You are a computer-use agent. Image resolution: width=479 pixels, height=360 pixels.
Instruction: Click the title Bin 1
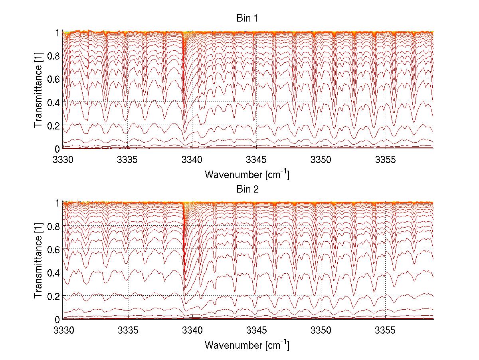[x=247, y=18]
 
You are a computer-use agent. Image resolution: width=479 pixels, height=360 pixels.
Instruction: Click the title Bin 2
[x=247, y=189]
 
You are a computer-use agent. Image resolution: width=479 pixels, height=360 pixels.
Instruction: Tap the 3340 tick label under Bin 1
[x=192, y=160]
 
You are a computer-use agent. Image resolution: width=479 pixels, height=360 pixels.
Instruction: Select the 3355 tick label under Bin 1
[x=386, y=160]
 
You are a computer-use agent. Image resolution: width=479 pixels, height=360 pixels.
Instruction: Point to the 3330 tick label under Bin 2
[x=63, y=331]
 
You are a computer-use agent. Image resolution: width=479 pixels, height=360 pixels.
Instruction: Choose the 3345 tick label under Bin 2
[x=257, y=331]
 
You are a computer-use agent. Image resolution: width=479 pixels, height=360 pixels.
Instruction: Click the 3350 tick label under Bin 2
[x=321, y=331]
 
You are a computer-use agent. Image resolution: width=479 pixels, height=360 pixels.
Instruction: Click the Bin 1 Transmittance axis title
[x=38, y=90]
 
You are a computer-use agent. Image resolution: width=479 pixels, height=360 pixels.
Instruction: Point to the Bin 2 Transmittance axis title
[x=38, y=261]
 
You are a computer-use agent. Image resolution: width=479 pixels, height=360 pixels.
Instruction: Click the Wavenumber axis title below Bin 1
[x=247, y=174]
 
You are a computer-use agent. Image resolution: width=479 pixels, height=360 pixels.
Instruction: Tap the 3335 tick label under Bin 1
[x=127, y=160]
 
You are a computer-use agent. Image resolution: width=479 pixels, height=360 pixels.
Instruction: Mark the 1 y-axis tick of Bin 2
[x=57, y=203]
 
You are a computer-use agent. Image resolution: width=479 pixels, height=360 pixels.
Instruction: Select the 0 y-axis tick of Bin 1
[x=57, y=149]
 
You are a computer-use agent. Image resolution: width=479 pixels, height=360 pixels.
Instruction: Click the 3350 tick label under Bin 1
[x=321, y=160]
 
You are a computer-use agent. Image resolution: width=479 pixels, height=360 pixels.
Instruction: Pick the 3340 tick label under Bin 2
[x=192, y=331]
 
